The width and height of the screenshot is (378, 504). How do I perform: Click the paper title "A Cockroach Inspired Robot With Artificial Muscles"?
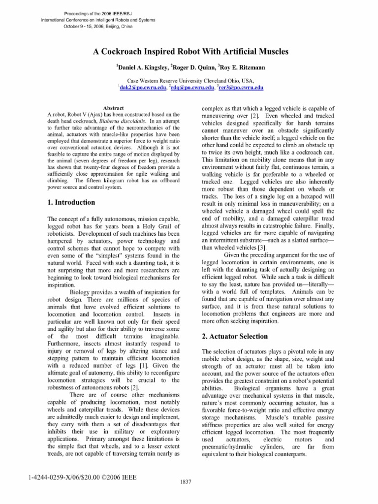tap(189, 52)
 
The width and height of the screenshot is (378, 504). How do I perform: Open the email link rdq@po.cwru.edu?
tap(193, 87)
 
